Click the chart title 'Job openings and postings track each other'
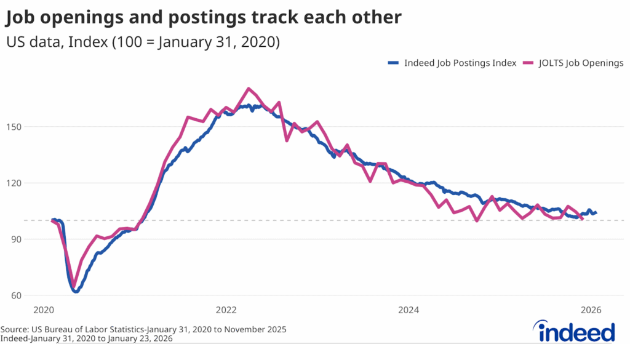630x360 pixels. (204, 18)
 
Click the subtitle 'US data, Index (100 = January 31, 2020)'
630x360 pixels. (143, 43)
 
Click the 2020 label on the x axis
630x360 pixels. (45, 310)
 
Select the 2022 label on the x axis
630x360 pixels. (226, 310)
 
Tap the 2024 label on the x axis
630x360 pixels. (409, 310)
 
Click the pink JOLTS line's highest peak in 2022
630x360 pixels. (248, 89)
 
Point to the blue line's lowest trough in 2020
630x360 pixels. (76, 291)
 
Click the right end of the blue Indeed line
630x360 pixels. (596, 212)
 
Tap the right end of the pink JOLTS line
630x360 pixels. (582, 218)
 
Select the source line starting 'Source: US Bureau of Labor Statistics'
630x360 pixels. (143, 330)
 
